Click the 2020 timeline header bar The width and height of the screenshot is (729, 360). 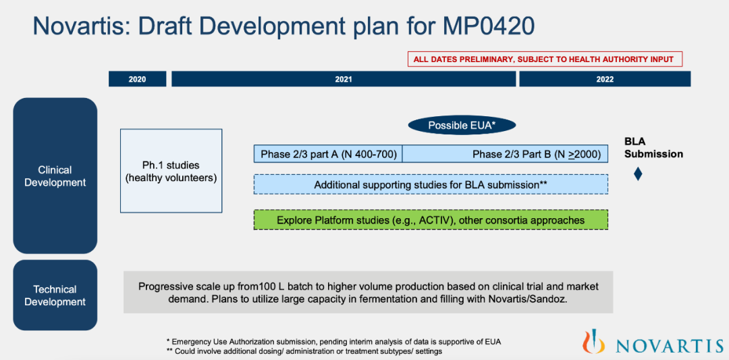point(137,79)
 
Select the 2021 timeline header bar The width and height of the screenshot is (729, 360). point(344,79)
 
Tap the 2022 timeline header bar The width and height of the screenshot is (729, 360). point(605,79)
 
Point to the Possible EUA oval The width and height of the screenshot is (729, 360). point(462,126)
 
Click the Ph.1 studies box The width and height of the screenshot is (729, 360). point(171,171)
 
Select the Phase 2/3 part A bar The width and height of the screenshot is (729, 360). point(328,153)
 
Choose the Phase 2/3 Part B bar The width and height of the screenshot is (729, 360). point(506,153)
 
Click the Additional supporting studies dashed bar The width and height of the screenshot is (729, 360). point(431,184)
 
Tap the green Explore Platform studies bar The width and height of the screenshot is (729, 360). point(431,220)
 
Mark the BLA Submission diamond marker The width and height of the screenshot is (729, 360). point(639,174)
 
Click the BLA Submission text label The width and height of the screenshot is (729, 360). point(653,148)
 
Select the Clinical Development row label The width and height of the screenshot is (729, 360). point(55,176)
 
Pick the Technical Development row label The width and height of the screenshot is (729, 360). point(55,295)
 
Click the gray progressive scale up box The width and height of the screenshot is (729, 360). point(369,292)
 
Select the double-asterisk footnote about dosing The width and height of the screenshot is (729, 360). point(304,352)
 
